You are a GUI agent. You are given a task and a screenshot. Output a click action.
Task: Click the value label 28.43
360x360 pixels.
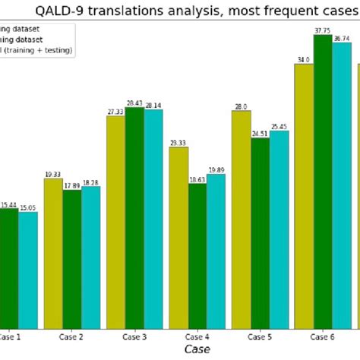coord(134,103)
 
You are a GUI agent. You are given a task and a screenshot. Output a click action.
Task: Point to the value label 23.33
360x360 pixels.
coord(178,143)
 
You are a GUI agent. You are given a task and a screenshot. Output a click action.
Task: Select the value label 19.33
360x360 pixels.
coord(53,174)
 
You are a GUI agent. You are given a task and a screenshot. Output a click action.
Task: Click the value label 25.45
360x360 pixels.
coord(279,126)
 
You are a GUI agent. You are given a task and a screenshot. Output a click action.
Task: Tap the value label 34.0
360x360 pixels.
coord(304,59)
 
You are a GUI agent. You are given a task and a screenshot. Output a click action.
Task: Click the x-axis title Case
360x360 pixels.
coord(195,349)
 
